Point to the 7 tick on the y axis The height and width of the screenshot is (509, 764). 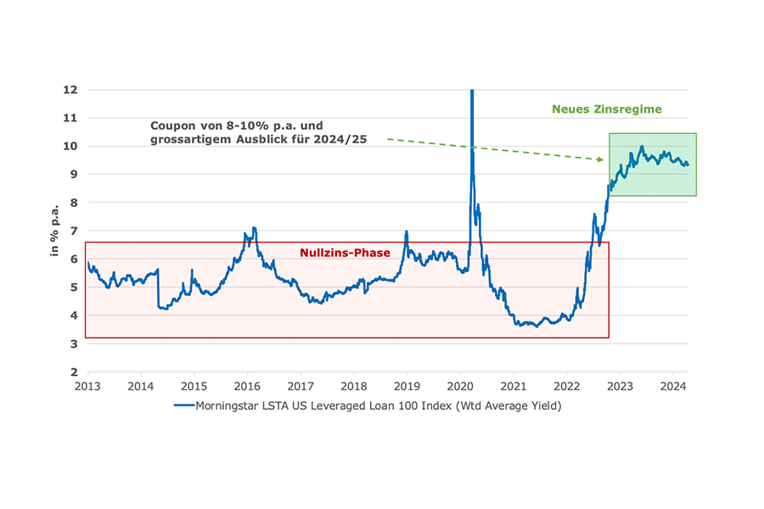[75, 231]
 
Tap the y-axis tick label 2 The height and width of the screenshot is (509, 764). [75, 372]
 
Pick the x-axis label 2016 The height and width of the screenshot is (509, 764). [247, 386]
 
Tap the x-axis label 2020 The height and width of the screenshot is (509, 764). [460, 386]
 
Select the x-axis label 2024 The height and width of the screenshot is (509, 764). [673, 386]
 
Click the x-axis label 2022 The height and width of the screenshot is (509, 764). [567, 386]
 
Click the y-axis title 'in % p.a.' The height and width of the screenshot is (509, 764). [54, 231]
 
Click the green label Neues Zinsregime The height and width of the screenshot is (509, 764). [606, 109]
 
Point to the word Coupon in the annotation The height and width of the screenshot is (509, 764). [171, 124]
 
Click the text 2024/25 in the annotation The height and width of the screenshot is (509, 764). [343, 138]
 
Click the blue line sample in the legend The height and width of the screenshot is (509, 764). [184, 406]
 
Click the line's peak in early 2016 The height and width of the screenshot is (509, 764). [254, 228]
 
